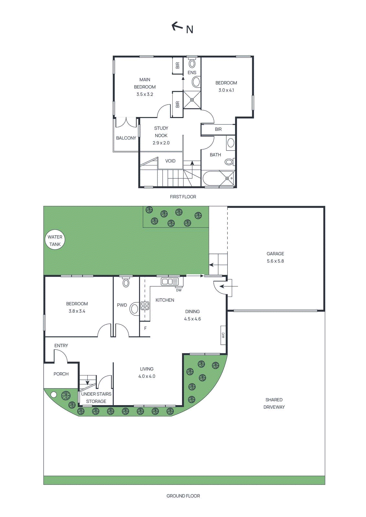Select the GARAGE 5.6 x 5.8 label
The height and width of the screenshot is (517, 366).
pyautogui.click(x=275, y=258)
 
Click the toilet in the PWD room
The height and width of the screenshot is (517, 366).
pyautogui.click(x=126, y=283)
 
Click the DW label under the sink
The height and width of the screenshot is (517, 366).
pyautogui.click(x=179, y=290)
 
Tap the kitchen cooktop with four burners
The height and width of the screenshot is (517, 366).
pyautogui.click(x=145, y=306)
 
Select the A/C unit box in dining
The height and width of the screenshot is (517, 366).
pyautogui.click(x=223, y=335)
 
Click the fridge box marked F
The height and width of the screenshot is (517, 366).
pyautogui.click(x=145, y=329)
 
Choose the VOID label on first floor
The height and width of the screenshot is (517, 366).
pyautogui.click(x=170, y=161)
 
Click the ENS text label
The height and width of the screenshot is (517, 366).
pyautogui.click(x=192, y=73)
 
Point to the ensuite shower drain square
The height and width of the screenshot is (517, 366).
pyautogui.click(x=192, y=100)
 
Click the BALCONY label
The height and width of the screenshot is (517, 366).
pyautogui.click(x=126, y=138)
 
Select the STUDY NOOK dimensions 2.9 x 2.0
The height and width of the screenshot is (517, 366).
pyautogui.click(x=161, y=143)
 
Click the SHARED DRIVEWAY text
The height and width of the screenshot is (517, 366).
pyautogui.click(x=274, y=403)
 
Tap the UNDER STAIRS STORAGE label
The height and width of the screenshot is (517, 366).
pyautogui.click(x=96, y=398)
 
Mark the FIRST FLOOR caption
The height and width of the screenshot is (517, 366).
pyautogui.click(x=183, y=197)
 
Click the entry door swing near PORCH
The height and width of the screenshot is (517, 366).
pyautogui.click(x=61, y=356)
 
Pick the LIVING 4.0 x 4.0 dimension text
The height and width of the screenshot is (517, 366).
pyautogui.click(x=147, y=376)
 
